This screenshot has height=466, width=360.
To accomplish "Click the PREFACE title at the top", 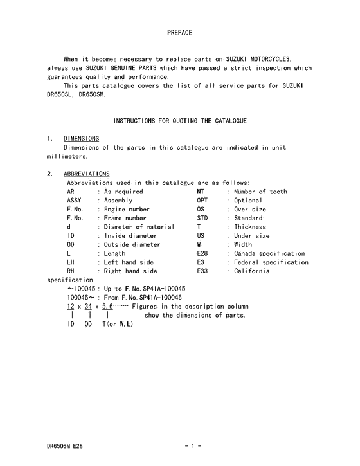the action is pyautogui.click(x=179, y=32).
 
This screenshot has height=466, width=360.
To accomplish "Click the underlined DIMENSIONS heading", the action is pyautogui.click(x=81, y=138).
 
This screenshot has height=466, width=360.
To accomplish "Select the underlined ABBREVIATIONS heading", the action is pyautogui.click(x=87, y=174).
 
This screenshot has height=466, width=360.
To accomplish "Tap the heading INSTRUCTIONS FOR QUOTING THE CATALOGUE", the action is pyautogui.click(x=180, y=121).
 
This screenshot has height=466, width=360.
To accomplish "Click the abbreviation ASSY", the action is pyautogui.click(x=75, y=201).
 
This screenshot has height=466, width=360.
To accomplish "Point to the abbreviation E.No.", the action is pyautogui.click(x=75, y=210).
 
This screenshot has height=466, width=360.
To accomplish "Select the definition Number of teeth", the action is pyautogui.click(x=260, y=192).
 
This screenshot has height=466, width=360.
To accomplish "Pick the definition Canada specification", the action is pyautogui.click(x=269, y=254).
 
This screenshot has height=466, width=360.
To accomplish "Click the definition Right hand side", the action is pyautogui.click(x=130, y=271).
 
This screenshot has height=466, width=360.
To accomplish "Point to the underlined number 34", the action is pyautogui.click(x=88, y=307).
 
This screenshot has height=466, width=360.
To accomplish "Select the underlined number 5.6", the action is pyautogui.click(x=107, y=307).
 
